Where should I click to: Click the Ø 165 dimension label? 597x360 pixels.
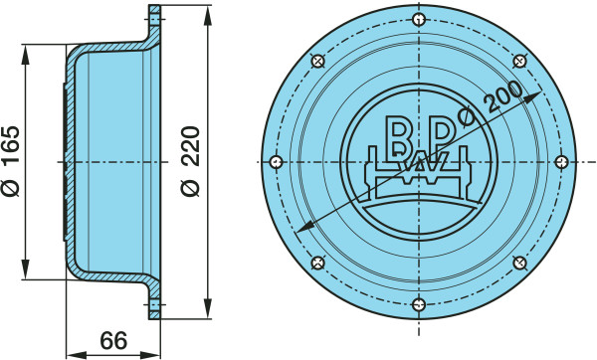coord(11,161)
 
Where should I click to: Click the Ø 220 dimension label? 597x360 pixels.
coord(190,161)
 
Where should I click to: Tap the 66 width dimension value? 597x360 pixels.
coord(113,340)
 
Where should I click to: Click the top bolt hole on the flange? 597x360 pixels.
coord(419,20)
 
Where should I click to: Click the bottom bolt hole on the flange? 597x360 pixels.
coord(419,304)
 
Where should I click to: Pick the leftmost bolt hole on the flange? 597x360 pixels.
coord(276,162)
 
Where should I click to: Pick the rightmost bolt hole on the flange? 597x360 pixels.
coord(561,162)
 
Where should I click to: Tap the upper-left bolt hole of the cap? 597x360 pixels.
coord(318,61)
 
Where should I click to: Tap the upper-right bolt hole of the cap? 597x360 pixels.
coord(519,61)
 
